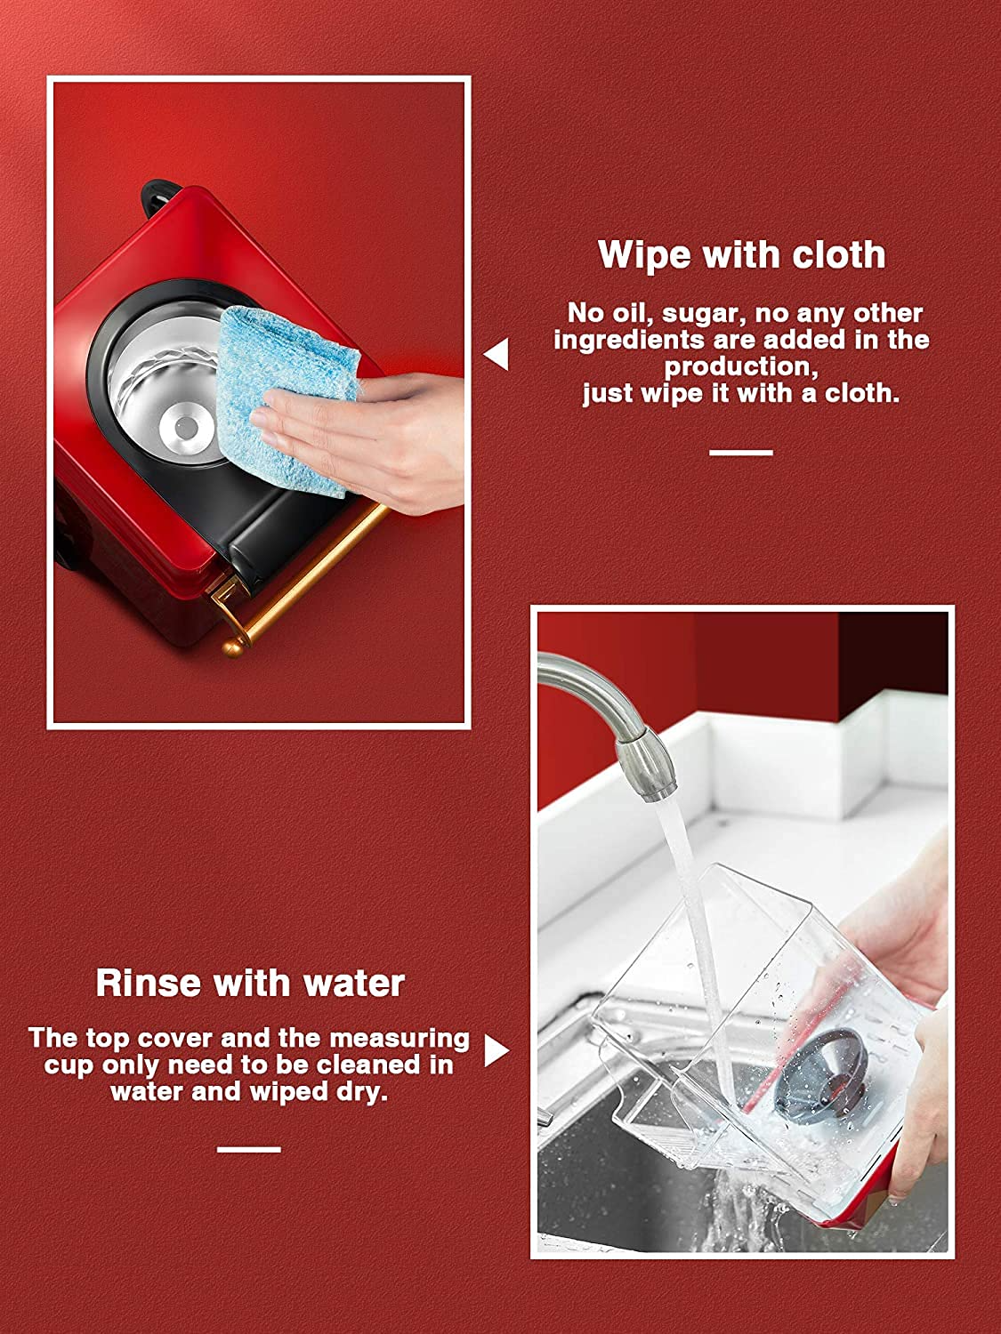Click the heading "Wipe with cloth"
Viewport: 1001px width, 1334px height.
(x=741, y=254)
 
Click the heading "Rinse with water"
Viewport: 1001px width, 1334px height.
(x=250, y=984)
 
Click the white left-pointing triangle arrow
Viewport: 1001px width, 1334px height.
(x=496, y=354)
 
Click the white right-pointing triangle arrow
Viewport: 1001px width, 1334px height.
(x=496, y=1051)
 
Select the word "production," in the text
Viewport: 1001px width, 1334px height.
(x=741, y=367)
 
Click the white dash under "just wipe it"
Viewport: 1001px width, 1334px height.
(x=741, y=452)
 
